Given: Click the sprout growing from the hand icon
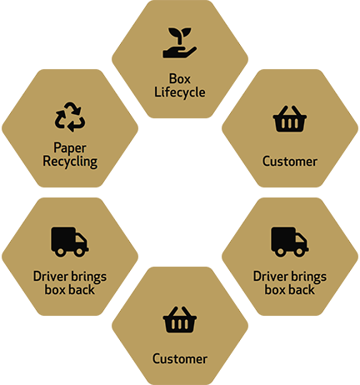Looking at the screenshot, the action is tap(180, 36).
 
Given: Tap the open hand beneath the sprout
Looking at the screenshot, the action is tap(179, 52).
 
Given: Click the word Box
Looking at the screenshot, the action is tap(180, 79).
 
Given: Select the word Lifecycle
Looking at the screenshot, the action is tap(180, 92).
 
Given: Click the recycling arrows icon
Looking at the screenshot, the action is tap(70, 117).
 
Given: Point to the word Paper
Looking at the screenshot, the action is tap(70, 148).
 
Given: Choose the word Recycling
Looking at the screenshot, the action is tap(70, 162).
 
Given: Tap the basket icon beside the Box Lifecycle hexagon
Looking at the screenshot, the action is tap(289, 118).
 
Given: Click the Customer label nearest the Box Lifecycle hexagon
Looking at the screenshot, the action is tap(290, 162).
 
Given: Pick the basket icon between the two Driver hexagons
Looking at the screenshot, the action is tap(180, 319).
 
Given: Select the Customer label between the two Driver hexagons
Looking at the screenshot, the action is tap(180, 359).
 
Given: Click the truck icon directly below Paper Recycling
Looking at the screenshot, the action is tap(70, 242).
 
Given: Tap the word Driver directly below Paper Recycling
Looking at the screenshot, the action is tap(50, 277).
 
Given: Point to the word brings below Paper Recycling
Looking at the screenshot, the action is tap(88, 277).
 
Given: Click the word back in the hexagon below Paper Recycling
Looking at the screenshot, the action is tap(82, 290).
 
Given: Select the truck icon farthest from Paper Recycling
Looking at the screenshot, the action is tap(290, 242).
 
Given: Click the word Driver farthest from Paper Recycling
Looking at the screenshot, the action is tap(270, 277).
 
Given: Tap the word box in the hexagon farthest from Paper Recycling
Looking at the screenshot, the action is tap(275, 290).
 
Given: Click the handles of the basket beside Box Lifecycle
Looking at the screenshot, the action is tap(289, 111).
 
